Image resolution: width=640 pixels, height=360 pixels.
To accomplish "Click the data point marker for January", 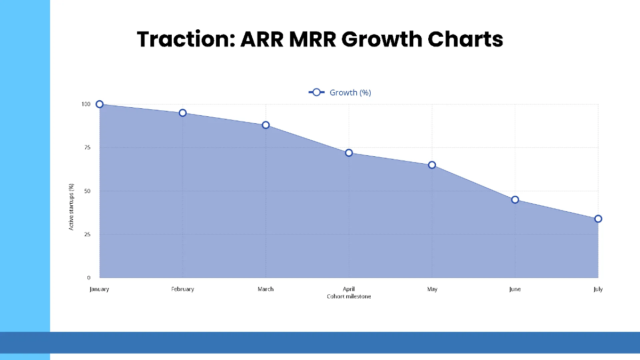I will pyautogui.click(x=99, y=104).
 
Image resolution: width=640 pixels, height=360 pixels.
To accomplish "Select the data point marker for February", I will pyautogui.click(x=182, y=113).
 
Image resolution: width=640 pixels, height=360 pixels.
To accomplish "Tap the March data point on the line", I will pyautogui.click(x=266, y=125).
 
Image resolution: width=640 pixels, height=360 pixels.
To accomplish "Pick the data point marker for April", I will pyautogui.click(x=349, y=153).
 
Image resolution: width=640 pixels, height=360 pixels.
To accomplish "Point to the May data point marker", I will pyautogui.click(x=432, y=165).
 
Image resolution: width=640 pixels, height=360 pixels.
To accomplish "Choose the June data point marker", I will pyautogui.click(x=515, y=199).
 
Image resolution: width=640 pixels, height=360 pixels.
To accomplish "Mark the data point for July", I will pyautogui.click(x=598, y=219).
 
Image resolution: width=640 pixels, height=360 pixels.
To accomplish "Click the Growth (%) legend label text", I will pyautogui.click(x=350, y=92).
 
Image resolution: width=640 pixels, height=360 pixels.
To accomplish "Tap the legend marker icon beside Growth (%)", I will pyautogui.click(x=316, y=92).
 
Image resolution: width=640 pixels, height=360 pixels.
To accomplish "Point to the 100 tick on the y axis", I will pyautogui.click(x=86, y=104).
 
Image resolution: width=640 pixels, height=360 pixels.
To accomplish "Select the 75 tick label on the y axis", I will pyautogui.click(x=87, y=147).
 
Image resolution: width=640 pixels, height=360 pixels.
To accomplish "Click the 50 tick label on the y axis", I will pyautogui.click(x=87, y=191).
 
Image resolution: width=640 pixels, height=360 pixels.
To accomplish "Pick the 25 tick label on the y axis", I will pyautogui.click(x=87, y=234).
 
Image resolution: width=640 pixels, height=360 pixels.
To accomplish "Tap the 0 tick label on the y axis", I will pyautogui.click(x=89, y=278).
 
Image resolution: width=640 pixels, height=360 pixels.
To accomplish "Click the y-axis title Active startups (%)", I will pyautogui.click(x=71, y=207).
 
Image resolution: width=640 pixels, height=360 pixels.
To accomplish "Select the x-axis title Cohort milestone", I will pyautogui.click(x=349, y=297).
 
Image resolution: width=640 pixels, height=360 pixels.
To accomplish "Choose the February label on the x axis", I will pyautogui.click(x=182, y=289).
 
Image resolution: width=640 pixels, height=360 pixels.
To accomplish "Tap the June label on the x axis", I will pyautogui.click(x=515, y=289).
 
